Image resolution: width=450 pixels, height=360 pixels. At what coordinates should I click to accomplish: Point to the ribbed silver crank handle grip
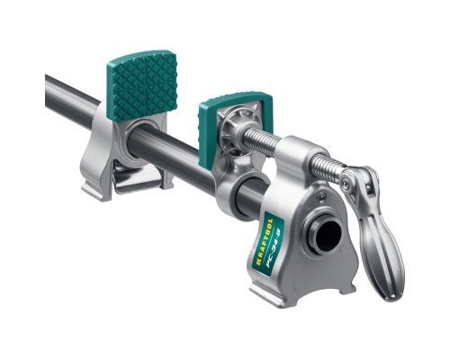pyautogui.click(x=379, y=243)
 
